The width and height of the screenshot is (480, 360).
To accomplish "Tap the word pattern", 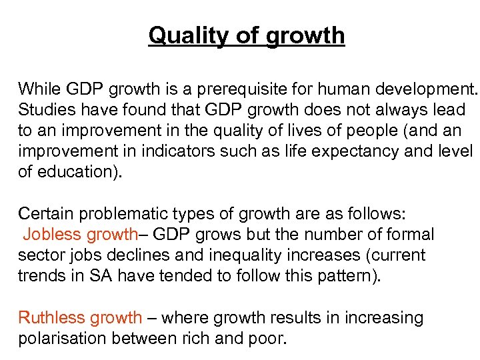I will pos(347,276).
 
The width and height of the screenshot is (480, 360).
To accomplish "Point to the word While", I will pos(38,89).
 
